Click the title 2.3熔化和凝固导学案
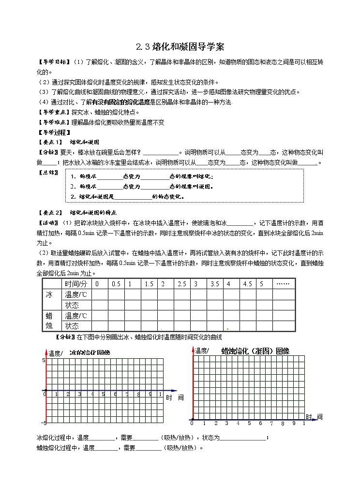[180, 47]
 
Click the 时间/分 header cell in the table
[76, 284]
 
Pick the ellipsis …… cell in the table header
[282, 284]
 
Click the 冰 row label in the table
[49, 294]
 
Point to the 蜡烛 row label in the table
[49, 321]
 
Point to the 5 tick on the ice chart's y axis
[43, 361]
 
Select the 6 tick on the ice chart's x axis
[115, 395]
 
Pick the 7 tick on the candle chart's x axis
[272, 424]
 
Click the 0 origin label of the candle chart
[192, 424]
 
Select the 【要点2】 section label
[50, 212]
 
